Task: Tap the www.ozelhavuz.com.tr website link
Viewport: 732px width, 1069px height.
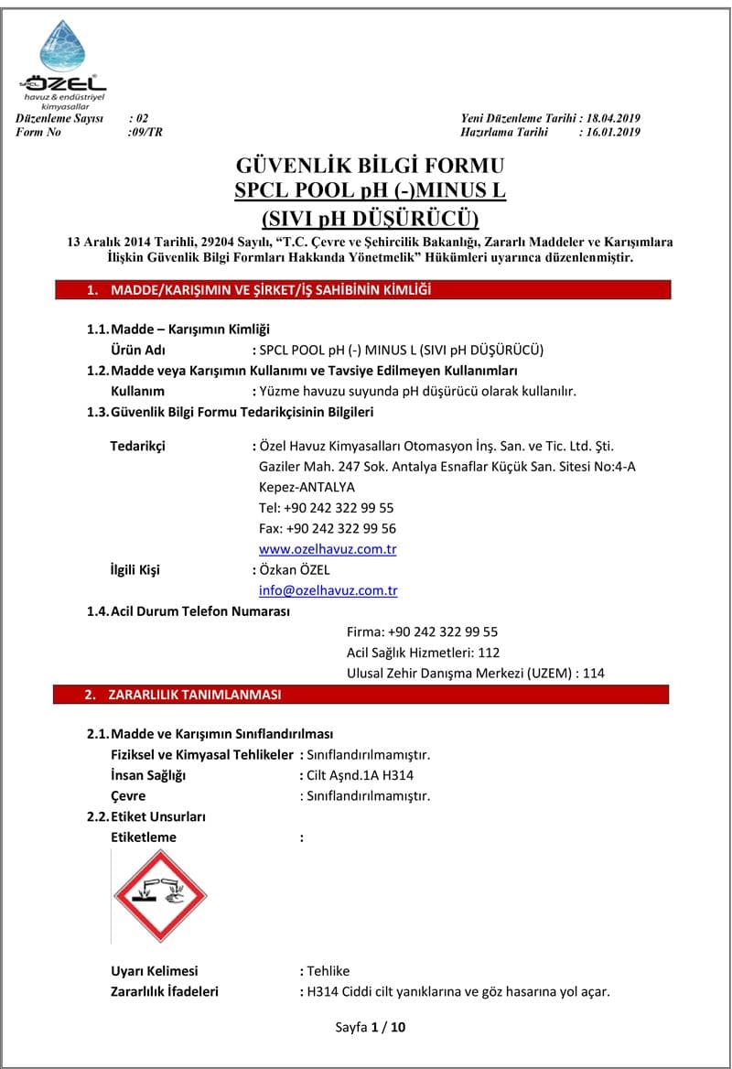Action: tap(328, 549)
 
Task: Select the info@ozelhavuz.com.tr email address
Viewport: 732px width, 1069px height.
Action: tap(328, 590)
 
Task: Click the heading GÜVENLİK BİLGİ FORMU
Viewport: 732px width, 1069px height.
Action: tap(370, 166)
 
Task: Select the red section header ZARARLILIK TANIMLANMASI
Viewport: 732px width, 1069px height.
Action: tap(195, 695)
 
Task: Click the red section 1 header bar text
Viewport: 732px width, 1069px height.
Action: tap(271, 290)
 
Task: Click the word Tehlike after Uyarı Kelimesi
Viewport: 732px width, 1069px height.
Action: tap(328, 971)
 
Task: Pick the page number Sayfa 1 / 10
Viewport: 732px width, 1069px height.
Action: tap(370, 1027)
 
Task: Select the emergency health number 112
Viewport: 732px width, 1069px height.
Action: tap(489, 653)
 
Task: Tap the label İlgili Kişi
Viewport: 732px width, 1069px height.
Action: tap(135, 570)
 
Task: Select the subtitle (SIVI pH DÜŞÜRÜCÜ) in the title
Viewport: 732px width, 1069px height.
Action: tap(370, 219)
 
